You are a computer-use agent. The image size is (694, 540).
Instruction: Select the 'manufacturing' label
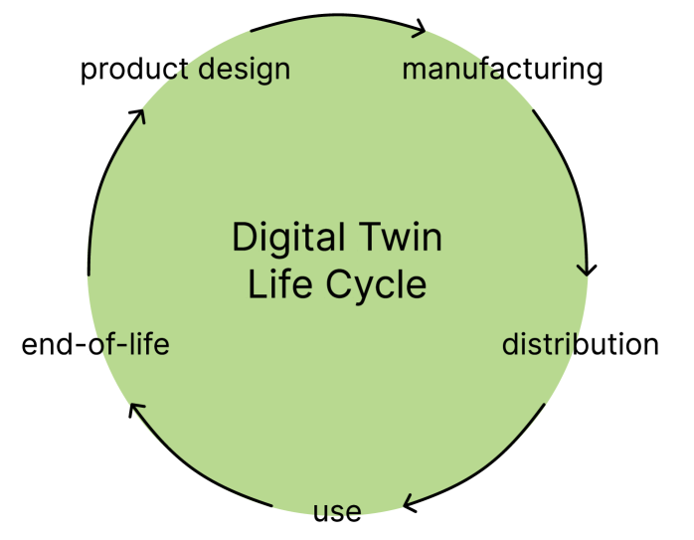pos(502,70)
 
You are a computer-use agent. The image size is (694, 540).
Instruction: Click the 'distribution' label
pos(580,345)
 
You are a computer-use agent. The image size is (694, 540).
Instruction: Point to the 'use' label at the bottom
pos(337,513)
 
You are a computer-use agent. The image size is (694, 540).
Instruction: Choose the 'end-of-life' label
pos(95,345)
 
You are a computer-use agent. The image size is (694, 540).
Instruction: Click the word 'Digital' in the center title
pos(287,239)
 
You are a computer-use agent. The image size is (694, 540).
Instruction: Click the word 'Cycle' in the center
pos(378,285)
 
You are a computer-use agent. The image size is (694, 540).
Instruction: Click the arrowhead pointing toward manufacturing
pos(421,29)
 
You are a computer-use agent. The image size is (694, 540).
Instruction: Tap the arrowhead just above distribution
pos(588,269)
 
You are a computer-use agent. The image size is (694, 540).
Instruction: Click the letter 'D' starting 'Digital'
pos(242,239)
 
